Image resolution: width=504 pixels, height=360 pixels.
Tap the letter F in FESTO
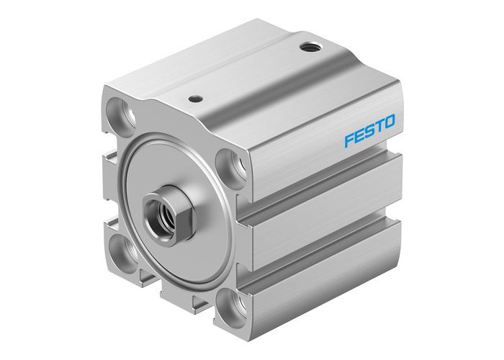point(348,140)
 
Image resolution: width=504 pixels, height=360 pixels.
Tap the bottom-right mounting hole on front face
point(230,302)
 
